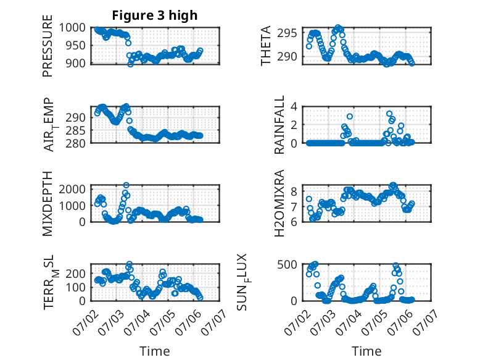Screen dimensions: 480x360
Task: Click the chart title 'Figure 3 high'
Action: click(x=155, y=15)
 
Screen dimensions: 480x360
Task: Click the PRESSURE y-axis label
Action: click(x=48, y=46)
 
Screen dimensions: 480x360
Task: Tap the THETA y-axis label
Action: click(x=266, y=46)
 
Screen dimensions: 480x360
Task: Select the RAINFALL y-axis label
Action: click(x=279, y=125)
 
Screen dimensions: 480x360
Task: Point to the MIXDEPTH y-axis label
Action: click(x=48, y=203)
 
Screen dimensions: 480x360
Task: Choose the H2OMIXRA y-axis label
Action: click(x=279, y=203)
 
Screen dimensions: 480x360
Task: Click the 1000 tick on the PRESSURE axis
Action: click(x=72, y=28)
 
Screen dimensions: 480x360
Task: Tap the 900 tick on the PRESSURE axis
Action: click(x=76, y=64)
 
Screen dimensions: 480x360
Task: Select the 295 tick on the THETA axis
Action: click(x=287, y=33)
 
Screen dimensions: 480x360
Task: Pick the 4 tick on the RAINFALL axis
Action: click(x=294, y=107)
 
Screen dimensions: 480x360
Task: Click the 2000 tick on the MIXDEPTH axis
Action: click(x=72, y=189)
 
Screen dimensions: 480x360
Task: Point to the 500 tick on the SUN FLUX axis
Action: click(x=287, y=264)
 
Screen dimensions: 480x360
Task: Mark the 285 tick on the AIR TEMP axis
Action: click(x=76, y=131)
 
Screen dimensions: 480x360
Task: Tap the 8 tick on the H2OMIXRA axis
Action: click(x=294, y=192)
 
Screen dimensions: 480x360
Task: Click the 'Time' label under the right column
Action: click(x=366, y=351)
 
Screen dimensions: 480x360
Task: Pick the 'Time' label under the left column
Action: click(x=155, y=351)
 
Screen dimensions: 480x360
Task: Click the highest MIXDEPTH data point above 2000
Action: click(x=126, y=185)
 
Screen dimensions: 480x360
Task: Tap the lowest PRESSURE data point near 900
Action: click(x=130, y=64)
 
